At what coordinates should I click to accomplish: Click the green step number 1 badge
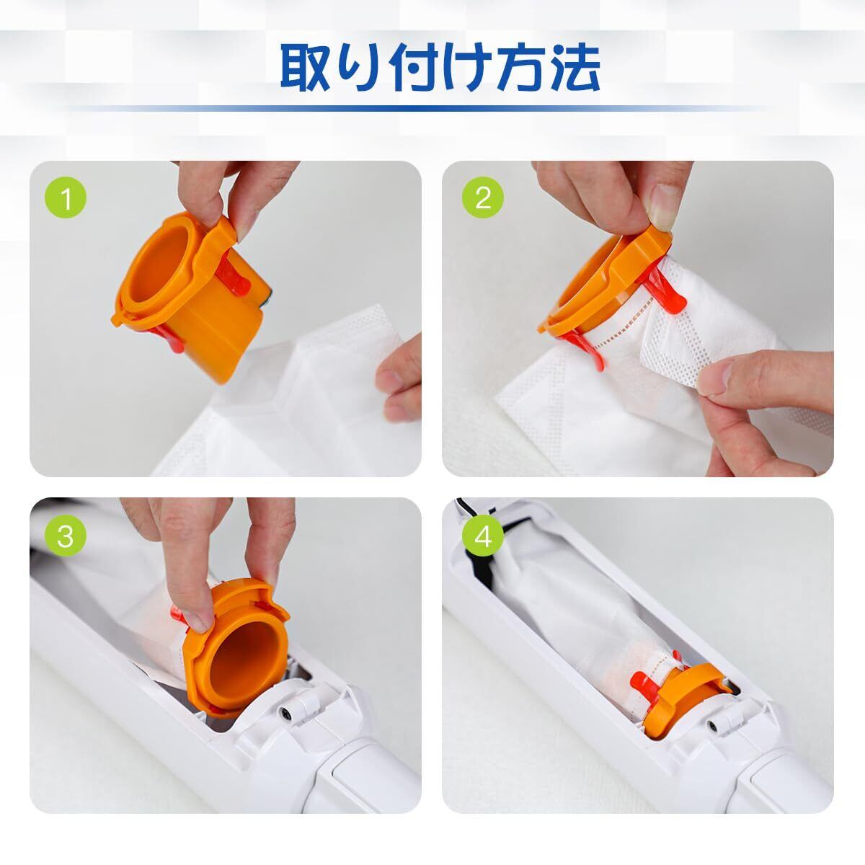coord(66,198)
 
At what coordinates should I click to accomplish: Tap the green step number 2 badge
coord(483,198)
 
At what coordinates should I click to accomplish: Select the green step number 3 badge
coord(66,536)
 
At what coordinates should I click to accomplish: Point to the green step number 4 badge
coord(483,536)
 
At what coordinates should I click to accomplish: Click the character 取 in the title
coord(305,68)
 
